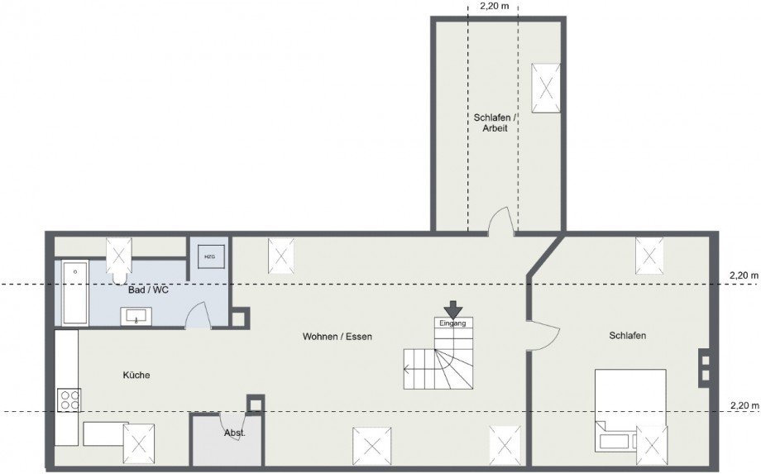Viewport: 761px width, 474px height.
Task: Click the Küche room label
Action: [136, 376]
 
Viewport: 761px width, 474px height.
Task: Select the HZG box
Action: [208, 256]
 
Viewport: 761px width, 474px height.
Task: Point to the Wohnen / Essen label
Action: [337, 337]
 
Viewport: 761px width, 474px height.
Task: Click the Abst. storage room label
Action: [234, 433]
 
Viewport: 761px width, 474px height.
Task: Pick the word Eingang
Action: [453, 323]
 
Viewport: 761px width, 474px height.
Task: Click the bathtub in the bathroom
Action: [74, 294]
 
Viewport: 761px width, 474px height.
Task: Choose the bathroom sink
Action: [136, 315]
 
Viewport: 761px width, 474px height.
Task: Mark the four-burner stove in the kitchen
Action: [68, 401]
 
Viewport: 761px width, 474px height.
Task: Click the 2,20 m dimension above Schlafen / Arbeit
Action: [495, 6]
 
